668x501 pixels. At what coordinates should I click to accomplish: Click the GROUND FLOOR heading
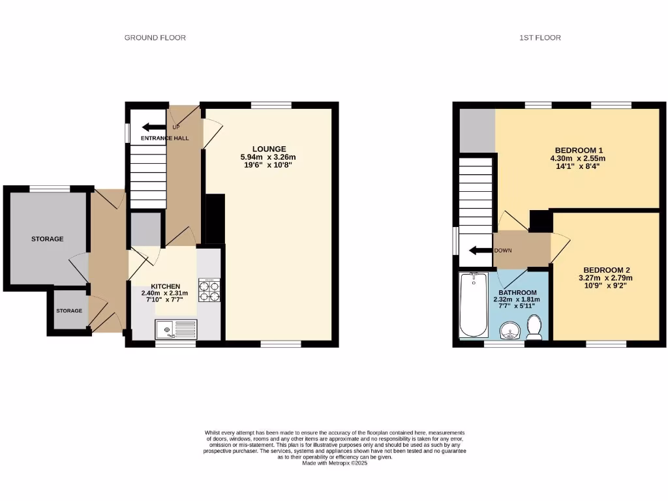click(x=155, y=38)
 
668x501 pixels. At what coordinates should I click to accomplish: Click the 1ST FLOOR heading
click(x=540, y=38)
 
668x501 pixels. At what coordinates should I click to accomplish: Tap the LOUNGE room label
click(x=269, y=149)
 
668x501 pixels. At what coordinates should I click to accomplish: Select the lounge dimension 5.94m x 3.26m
click(x=269, y=157)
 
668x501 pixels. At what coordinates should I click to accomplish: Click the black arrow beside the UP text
click(x=153, y=127)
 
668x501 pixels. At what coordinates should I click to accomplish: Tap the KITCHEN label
click(x=166, y=286)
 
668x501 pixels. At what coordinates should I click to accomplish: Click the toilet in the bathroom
click(x=535, y=327)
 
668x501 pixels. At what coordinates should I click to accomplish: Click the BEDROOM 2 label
click(x=607, y=270)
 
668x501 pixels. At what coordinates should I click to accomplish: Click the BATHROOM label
click(x=517, y=292)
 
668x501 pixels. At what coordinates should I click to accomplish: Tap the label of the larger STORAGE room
click(x=48, y=239)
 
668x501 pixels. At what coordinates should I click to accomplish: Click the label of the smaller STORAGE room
click(x=69, y=311)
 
